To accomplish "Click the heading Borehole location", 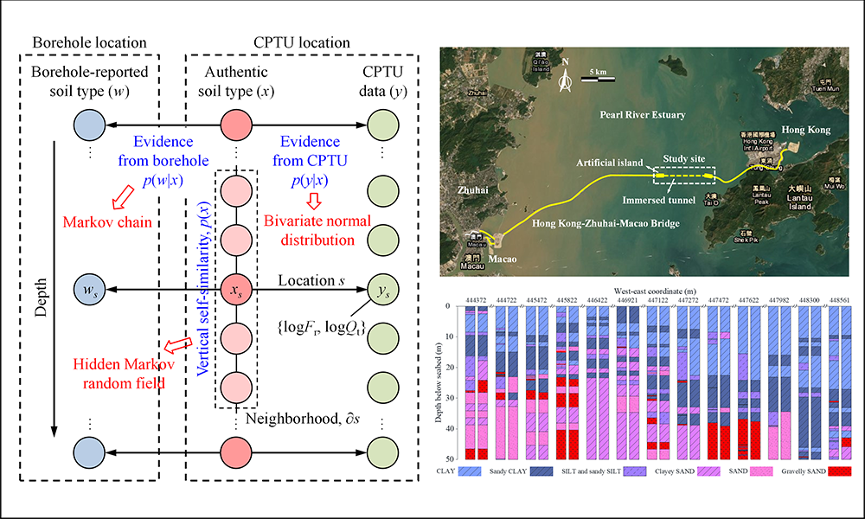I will click(x=90, y=42).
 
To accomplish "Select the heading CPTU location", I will click(x=302, y=42).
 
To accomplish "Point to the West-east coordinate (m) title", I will click(x=653, y=292).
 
